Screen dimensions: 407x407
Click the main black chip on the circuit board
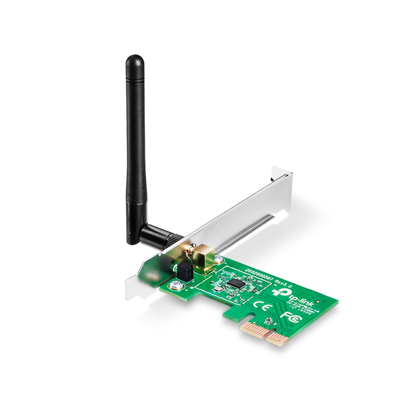coord(236,283)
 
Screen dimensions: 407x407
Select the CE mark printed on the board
coord(260,305)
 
